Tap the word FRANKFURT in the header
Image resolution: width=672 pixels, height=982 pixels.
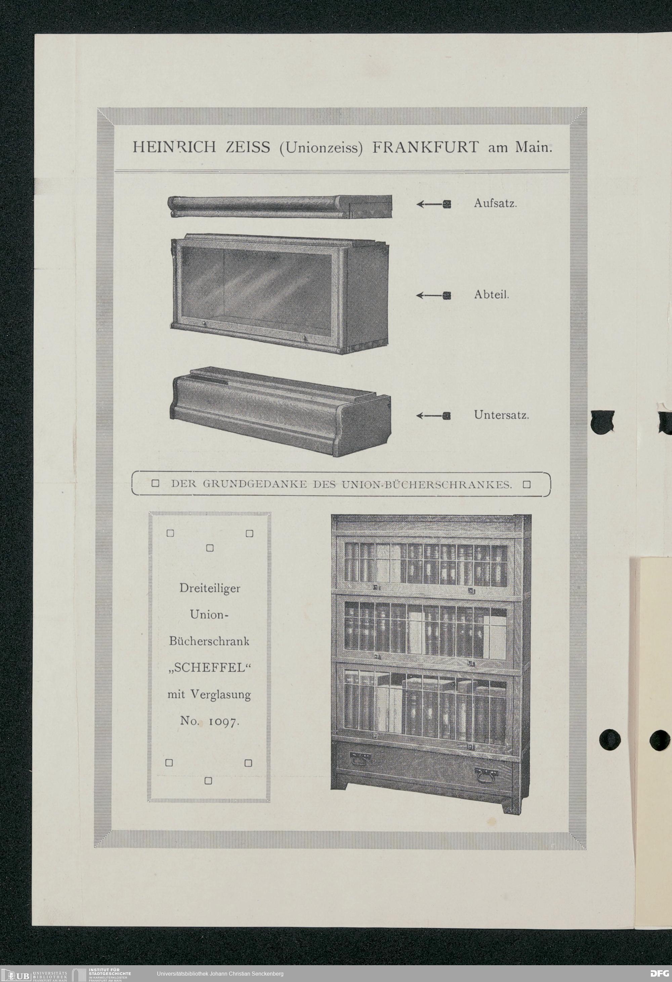click(x=425, y=148)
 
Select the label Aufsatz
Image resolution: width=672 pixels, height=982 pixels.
click(x=495, y=203)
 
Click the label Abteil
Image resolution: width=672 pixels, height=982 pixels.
click(x=491, y=295)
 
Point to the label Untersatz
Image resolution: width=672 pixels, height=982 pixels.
click(x=501, y=415)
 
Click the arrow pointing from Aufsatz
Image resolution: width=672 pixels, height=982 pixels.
click(x=433, y=204)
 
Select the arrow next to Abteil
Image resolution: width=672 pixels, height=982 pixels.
click(x=433, y=296)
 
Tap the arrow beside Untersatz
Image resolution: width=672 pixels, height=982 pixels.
click(x=433, y=416)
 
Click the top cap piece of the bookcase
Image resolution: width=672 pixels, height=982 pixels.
click(x=280, y=206)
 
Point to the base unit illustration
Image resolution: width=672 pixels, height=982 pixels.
click(x=280, y=411)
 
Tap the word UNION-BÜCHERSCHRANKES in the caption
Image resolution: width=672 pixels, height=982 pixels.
click(x=427, y=485)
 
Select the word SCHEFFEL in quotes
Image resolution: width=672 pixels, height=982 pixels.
click(x=209, y=668)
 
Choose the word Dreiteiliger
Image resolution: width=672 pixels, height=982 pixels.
click(x=209, y=589)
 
